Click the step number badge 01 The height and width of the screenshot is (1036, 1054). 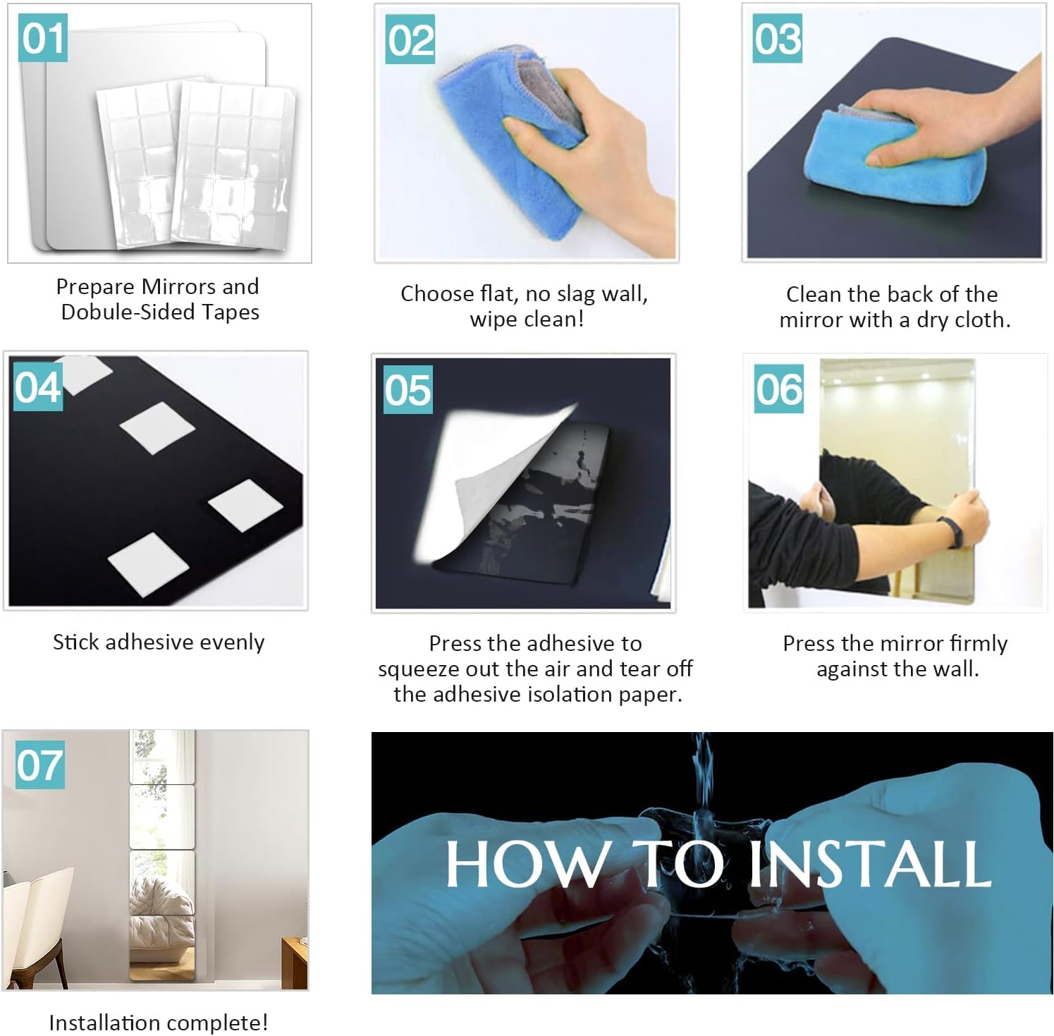[42, 37]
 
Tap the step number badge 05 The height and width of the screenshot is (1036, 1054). [407, 389]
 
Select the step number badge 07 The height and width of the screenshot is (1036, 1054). [40, 764]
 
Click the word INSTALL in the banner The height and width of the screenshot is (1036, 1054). [870, 864]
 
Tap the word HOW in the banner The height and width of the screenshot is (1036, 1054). [526, 864]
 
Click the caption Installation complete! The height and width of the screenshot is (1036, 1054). [159, 1023]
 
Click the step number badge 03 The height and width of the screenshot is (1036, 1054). [778, 38]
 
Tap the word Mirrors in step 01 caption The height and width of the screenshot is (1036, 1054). [179, 286]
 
